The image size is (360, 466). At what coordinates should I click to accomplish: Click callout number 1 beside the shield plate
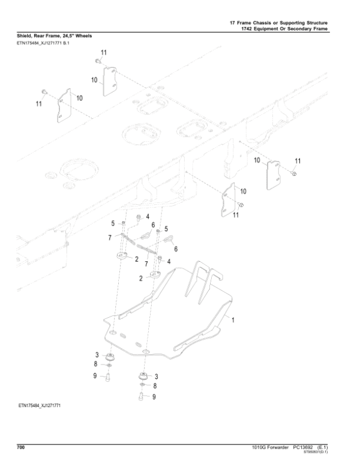232,321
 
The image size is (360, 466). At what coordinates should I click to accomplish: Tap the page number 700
20,447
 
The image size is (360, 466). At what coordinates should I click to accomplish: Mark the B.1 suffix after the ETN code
66,43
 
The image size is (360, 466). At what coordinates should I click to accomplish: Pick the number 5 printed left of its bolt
112,223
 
